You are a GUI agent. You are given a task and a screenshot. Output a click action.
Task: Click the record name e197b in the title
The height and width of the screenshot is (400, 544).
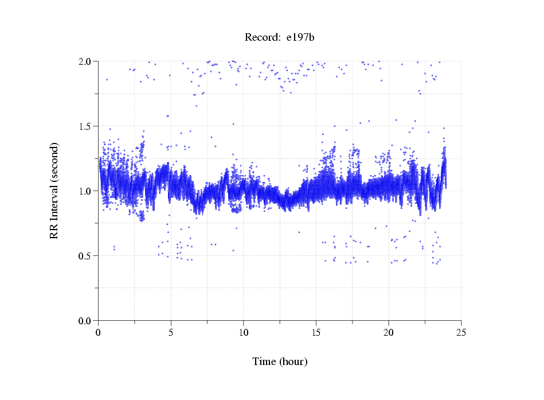pos(301,38)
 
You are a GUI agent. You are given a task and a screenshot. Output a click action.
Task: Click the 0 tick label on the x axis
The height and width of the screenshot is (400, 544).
pos(99,333)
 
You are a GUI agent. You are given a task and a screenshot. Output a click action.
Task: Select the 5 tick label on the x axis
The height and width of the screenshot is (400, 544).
pos(171,333)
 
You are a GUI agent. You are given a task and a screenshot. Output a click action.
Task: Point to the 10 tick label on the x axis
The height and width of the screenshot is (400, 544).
pos(244,333)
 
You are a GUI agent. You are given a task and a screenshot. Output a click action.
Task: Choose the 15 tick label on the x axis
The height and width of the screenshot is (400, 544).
pos(316,333)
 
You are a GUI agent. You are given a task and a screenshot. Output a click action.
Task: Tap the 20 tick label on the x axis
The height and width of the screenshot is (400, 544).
pos(389,333)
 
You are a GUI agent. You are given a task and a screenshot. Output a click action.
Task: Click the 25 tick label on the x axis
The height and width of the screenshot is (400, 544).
pos(461,333)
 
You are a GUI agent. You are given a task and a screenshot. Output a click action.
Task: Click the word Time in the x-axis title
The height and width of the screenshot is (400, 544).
pos(265,362)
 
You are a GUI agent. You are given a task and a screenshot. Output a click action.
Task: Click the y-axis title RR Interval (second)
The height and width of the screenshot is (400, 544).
pos(54,191)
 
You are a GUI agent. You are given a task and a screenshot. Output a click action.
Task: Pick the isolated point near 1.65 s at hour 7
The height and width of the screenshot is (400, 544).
pos(196,106)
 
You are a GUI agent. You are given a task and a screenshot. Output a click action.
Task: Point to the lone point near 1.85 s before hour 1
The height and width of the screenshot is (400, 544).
pos(107,79)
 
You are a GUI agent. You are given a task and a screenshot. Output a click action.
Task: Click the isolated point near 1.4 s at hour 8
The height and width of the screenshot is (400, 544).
pos(212,137)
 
